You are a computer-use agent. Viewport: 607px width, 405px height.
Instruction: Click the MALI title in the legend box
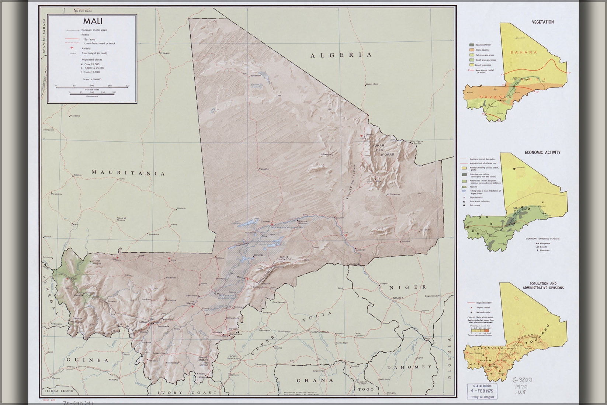coord(93,21)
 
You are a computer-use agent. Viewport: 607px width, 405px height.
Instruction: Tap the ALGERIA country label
coord(341,55)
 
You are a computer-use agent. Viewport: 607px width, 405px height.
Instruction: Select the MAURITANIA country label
coord(128,172)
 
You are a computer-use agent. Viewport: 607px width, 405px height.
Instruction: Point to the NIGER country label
coord(408,287)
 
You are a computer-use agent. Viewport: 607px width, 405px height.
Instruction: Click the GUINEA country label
coord(87,360)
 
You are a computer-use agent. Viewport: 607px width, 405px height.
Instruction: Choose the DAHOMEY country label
coord(409,367)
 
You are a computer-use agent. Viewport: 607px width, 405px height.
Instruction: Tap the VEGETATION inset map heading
coord(542,22)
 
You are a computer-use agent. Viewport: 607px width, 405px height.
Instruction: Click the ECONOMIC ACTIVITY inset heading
coord(542,152)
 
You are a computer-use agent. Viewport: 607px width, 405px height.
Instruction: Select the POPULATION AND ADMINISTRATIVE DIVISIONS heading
coord(543,286)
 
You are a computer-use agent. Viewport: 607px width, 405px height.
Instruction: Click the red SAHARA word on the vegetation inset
coord(524,52)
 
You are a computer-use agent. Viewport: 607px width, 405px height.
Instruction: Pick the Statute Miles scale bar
coord(92,87)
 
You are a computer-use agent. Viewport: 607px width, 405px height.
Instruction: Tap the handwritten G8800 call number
coord(521,380)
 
